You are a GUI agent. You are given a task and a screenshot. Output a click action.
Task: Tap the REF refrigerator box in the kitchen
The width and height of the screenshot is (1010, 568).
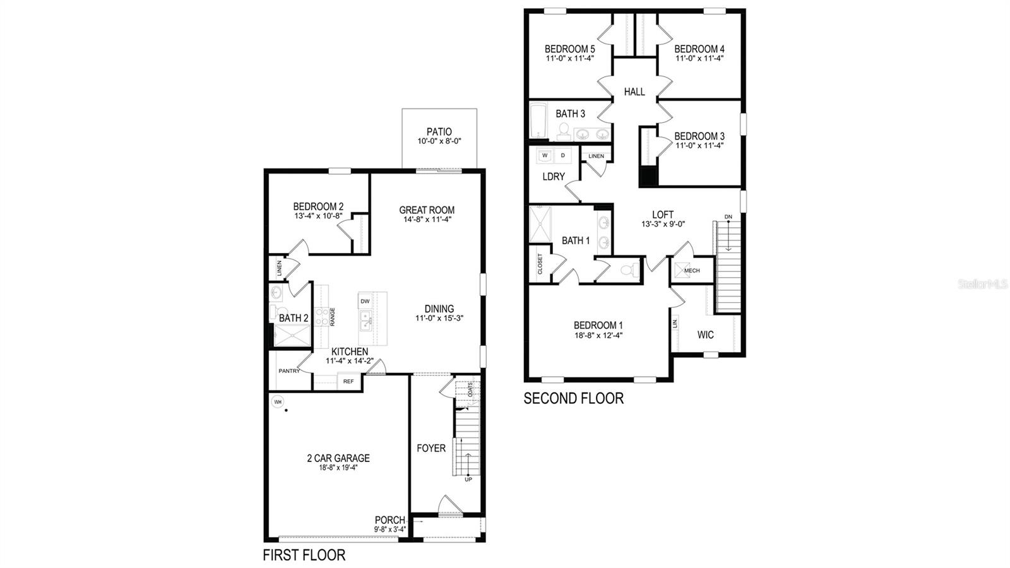[348, 381]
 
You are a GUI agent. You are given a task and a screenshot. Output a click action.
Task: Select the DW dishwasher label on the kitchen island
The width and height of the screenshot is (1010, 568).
[365, 302]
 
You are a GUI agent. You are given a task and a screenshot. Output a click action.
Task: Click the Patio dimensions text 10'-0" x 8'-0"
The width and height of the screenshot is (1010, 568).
[439, 141]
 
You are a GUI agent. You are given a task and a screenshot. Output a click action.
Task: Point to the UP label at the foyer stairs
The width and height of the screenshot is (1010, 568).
[468, 480]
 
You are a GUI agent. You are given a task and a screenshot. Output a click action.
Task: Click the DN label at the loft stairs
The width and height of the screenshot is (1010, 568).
[728, 217]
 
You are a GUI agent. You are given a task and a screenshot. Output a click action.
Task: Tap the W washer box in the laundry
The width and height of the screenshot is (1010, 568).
[545, 155]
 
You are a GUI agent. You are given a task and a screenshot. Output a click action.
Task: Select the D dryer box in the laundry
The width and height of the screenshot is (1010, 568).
[563, 155]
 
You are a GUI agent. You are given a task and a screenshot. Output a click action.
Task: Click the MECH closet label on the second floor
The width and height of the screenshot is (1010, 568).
[692, 271]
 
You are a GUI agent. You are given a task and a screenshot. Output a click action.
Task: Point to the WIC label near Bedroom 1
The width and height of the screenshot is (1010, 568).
[706, 335]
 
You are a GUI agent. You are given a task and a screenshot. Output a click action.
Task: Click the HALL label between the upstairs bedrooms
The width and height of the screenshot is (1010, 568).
[634, 92]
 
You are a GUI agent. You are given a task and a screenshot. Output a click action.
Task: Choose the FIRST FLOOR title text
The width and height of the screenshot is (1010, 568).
[304, 555]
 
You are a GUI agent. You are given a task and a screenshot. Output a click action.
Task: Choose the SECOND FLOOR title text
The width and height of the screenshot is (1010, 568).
[573, 398]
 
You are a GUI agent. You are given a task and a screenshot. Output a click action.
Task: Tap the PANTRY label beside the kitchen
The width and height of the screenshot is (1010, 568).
[289, 371]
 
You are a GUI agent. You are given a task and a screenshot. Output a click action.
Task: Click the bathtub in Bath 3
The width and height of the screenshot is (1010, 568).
[538, 122]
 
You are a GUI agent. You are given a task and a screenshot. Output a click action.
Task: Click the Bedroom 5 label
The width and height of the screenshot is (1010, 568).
[569, 49]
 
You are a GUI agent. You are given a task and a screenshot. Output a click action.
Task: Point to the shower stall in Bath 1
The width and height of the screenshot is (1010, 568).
[540, 224]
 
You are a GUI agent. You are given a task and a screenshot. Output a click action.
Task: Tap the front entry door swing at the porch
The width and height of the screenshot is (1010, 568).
[449, 507]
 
